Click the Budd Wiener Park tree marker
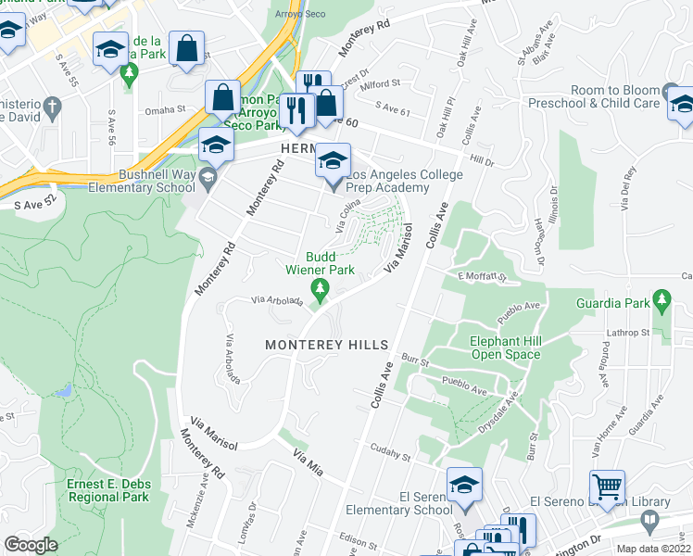click(x=321, y=292)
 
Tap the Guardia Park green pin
click(x=661, y=300)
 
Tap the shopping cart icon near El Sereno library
click(x=606, y=486)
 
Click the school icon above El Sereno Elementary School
click(x=464, y=484)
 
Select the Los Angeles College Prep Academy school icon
click(x=334, y=160)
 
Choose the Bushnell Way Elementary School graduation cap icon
click(x=216, y=145)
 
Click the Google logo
click(x=31, y=545)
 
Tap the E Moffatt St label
click(x=483, y=276)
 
